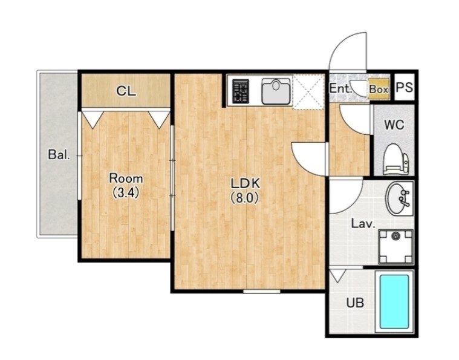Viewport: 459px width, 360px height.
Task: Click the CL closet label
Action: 126,91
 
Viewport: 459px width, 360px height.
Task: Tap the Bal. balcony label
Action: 59,154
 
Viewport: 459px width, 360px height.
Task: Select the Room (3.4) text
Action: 126,185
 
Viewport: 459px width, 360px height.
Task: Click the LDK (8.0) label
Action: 246,191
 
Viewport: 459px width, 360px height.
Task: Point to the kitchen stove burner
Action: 240,91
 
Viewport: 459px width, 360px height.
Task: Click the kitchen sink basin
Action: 276,91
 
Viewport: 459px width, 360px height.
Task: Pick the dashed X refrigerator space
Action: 308,92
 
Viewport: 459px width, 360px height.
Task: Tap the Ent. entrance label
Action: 340,88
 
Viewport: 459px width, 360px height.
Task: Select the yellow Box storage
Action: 379,89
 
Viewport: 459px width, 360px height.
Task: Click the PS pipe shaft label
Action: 404,87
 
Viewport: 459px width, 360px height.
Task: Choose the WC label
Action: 394,125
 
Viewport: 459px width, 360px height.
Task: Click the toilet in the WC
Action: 396,159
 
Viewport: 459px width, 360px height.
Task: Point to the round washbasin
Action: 398,198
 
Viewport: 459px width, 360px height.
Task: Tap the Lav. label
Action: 363,224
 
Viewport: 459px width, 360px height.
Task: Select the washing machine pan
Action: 396,247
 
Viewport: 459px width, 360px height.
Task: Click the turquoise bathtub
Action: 394,302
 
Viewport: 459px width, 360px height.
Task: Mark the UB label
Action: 355,303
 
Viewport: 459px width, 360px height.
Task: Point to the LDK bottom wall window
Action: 261,292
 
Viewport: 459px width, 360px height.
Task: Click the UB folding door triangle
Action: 337,276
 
